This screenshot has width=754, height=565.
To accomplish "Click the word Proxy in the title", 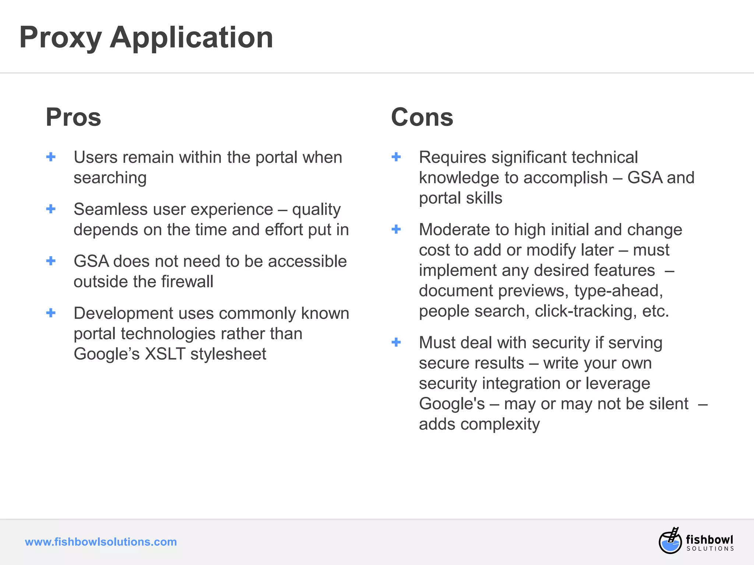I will [x=60, y=38].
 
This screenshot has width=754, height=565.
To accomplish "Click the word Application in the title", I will [x=191, y=38].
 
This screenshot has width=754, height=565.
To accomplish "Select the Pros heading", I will [x=73, y=117].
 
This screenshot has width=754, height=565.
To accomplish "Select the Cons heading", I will [x=422, y=117].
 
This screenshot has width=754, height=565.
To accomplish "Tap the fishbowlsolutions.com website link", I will [x=101, y=542].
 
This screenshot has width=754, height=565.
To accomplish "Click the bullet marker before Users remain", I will [x=51, y=157].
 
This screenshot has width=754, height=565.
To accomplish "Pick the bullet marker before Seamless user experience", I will [x=51, y=209].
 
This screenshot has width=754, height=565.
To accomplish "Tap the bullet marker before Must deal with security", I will [x=396, y=342].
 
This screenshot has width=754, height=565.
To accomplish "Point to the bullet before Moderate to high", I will [x=396, y=230].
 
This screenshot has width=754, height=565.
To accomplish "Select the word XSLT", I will [x=165, y=354].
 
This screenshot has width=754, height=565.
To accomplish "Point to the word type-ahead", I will [x=619, y=291].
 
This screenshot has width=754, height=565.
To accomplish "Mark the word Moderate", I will [x=454, y=230].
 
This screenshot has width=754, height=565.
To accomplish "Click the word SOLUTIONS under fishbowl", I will [x=710, y=548].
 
